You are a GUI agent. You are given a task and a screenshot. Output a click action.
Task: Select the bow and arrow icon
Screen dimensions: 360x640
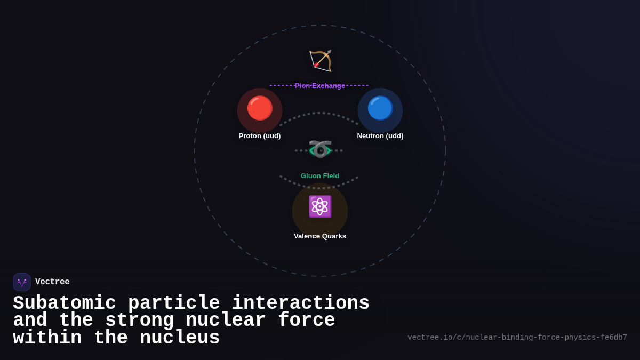[320, 61]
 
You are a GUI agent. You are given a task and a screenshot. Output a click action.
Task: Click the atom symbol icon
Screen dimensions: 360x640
[320, 206]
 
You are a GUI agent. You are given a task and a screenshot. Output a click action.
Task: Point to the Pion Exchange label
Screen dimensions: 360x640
[320, 85]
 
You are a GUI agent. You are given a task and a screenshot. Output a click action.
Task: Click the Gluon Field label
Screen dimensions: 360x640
[320, 176]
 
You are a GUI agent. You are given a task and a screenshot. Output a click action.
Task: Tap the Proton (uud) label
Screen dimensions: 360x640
[260, 136]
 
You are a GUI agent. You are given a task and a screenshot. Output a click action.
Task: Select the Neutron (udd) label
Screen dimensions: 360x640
[380, 136]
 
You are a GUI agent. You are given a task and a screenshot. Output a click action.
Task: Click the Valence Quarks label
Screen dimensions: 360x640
[320, 236]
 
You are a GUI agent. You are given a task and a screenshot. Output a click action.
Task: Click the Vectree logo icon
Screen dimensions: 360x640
[22, 282]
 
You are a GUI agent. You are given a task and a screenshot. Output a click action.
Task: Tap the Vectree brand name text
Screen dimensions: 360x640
[52, 282]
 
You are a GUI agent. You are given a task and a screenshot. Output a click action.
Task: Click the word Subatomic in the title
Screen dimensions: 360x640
[65, 303]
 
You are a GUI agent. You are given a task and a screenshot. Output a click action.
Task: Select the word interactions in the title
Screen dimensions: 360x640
[300, 303]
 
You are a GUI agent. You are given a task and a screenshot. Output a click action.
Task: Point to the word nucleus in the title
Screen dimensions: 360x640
[180, 338]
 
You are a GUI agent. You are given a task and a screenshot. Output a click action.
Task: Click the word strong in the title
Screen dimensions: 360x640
[140, 321]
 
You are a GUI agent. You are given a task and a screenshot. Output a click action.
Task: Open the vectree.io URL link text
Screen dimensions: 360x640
[517, 338]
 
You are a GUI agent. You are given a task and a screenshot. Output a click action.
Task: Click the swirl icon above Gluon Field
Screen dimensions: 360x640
[320, 150]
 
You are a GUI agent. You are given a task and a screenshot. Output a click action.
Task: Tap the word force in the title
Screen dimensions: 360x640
[306, 321]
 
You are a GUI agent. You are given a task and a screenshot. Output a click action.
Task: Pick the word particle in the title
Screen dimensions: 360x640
[174, 303]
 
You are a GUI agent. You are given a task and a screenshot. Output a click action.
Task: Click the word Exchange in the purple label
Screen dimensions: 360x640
[329, 85]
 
